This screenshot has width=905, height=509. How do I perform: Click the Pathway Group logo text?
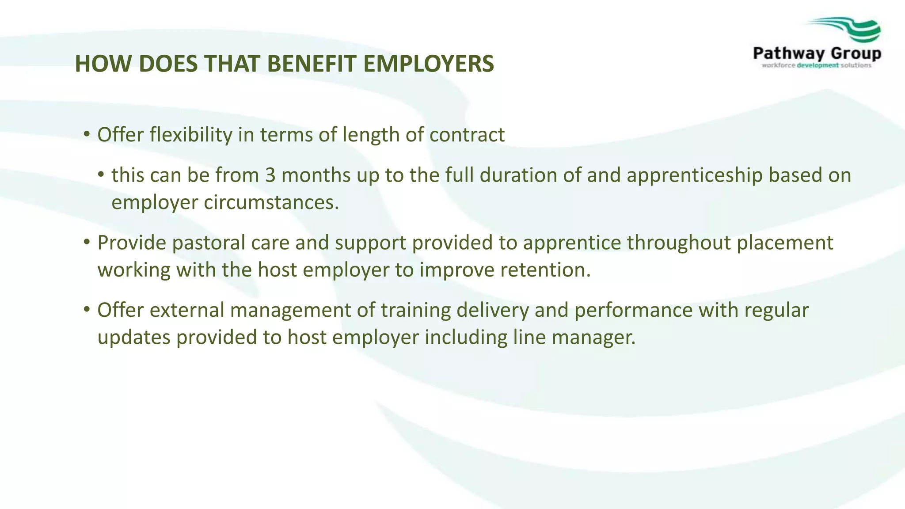click(x=817, y=54)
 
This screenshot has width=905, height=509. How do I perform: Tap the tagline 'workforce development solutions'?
click(x=817, y=65)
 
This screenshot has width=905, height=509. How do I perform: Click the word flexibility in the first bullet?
click(x=191, y=135)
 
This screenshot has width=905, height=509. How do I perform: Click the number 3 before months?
click(x=270, y=175)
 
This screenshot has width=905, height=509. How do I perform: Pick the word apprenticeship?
click(x=695, y=175)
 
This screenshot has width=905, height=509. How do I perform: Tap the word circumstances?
click(x=271, y=202)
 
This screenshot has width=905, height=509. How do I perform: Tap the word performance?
click(x=633, y=310)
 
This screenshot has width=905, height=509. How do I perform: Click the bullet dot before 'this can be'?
click(x=101, y=174)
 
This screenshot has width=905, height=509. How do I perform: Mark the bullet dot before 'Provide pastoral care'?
click(x=87, y=242)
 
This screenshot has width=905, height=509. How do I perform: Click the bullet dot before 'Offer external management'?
click(x=87, y=309)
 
